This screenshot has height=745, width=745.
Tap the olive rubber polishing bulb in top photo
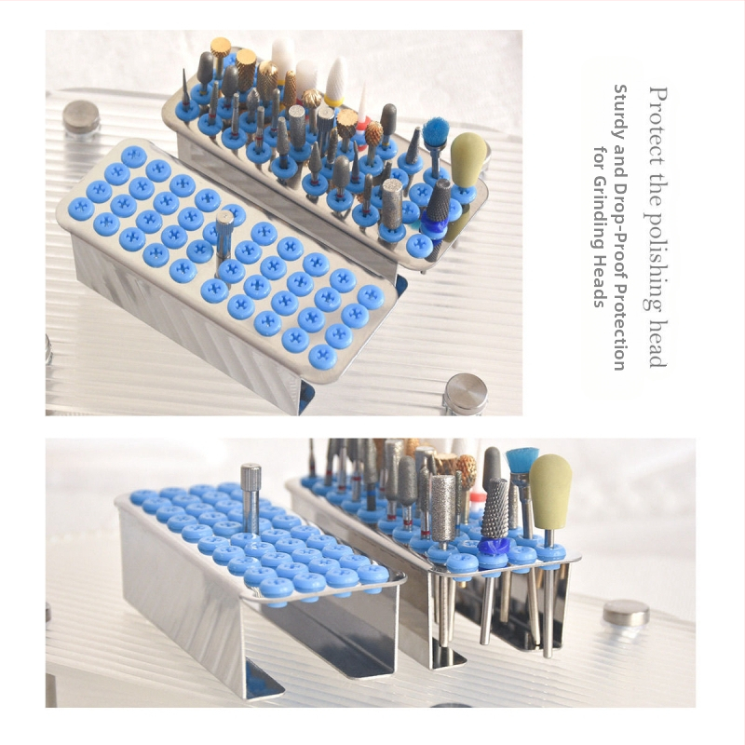[467, 154]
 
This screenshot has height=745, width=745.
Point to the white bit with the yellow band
[335, 81]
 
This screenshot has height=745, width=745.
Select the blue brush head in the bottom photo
[521, 459]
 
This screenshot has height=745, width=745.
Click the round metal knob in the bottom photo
[626, 613]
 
